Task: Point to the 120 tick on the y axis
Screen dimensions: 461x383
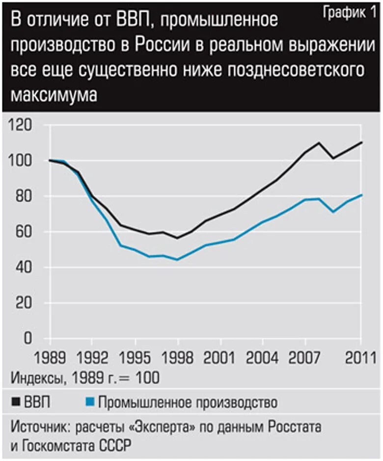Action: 21,125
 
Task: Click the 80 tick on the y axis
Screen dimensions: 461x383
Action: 25,196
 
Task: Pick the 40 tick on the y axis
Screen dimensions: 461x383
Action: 25,268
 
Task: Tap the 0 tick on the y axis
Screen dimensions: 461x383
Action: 28,339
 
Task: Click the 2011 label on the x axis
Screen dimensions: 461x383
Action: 360,357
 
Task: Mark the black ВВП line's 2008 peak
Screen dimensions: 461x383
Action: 319,143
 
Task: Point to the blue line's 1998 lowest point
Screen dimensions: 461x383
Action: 178,260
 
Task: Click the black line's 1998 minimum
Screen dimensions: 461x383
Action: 178,238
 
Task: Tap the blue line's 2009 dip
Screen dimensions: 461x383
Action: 333,212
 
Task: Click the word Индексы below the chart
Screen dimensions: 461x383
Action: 37,378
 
